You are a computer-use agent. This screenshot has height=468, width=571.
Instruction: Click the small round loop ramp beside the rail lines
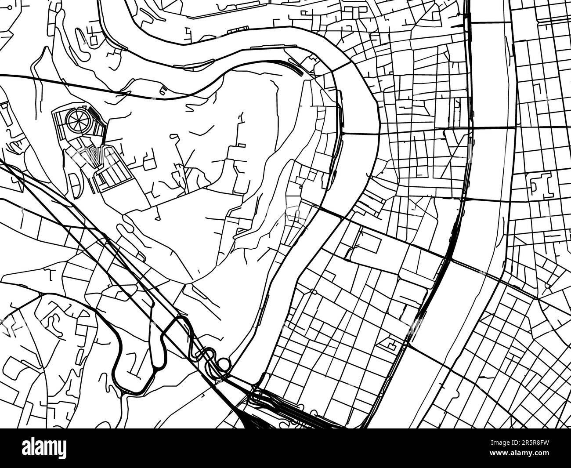224,363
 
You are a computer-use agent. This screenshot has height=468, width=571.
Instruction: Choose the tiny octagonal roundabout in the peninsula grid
312,291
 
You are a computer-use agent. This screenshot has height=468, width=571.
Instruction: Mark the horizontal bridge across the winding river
360,133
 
